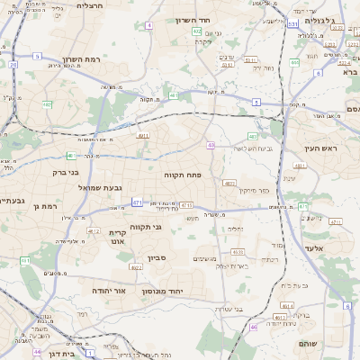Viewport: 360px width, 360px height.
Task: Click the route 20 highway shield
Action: tap(13, 65)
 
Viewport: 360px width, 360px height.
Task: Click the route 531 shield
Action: tap(292, 24)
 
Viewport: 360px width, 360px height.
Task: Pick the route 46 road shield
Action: tap(253, 327)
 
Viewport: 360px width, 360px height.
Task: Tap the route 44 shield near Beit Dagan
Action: tap(37, 352)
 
